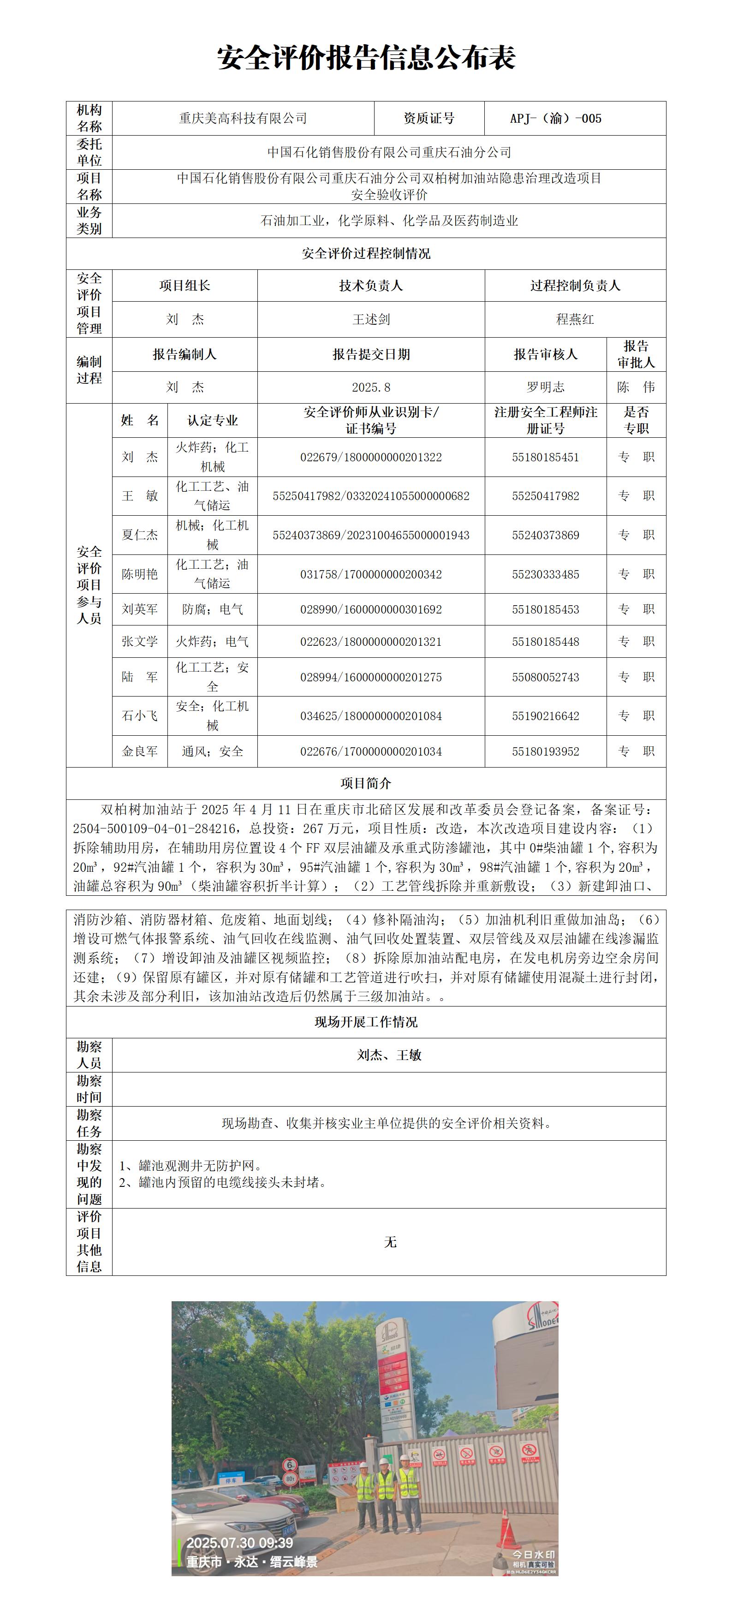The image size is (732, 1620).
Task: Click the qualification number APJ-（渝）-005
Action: tap(555, 118)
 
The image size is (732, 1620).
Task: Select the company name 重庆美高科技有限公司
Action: tap(243, 118)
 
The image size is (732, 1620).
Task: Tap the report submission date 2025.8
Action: tap(371, 387)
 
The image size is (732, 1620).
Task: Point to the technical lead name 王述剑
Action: tap(371, 320)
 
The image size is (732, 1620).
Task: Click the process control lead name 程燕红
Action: tap(575, 320)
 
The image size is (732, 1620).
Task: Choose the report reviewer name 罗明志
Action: tap(545, 387)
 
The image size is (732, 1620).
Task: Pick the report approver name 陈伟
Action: tap(636, 387)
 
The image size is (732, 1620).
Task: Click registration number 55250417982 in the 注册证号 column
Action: tap(545, 496)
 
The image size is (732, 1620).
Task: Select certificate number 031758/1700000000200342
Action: tap(371, 574)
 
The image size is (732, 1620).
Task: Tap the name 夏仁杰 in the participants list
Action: tap(140, 535)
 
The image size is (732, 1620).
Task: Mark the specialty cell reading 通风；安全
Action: tap(213, 751)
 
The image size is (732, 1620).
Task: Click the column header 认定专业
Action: tap(213, 421)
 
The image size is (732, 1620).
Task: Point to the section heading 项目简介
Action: tap(366, 784)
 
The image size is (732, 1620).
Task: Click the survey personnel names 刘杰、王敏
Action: tap(389, 1055)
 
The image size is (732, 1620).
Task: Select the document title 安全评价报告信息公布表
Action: tap(366, 58)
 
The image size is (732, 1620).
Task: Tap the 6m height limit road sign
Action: tap(289, 1465)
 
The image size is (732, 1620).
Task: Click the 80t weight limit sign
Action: tap(291, 1479)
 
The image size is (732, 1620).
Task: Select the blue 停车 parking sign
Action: tap(232, 1481)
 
